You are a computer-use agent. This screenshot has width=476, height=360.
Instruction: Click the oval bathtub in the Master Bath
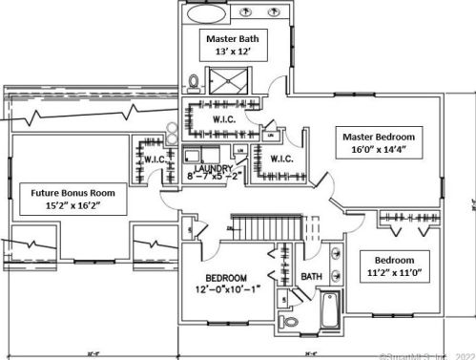[200, 14]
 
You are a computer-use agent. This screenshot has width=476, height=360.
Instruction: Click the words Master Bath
[233, 39]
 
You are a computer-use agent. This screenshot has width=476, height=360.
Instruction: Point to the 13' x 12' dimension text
[233, 54]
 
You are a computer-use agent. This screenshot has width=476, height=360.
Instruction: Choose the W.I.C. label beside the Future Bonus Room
[155, 159]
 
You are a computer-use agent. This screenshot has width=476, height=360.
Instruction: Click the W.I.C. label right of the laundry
[280, 159]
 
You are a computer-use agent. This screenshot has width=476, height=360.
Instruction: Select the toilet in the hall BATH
[294, 322]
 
